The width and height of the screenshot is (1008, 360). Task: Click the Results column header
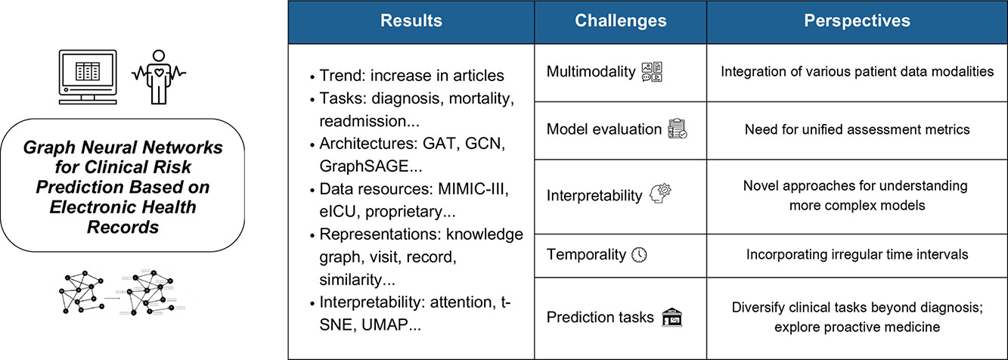coord(411,20)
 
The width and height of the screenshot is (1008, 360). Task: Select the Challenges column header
coord(621,20)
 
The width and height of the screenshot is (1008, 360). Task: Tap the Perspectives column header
coord(857,20)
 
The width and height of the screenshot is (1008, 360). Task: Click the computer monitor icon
coord(88,77)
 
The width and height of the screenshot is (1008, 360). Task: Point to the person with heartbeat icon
coord(158,77)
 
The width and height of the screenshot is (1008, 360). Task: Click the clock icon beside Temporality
coord(640,255)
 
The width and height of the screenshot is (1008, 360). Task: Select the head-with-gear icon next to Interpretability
coord(660,194)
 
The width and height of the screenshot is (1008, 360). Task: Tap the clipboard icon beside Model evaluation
coord(678,129)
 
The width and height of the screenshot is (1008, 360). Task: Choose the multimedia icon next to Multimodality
coord(652,72)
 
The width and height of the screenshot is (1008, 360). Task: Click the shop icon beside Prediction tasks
coord(671,317)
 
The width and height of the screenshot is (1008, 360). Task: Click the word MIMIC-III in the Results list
coord(473,189)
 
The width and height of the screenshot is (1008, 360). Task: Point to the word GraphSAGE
coord(364,166)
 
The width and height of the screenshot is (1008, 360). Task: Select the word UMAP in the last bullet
coord(384,324)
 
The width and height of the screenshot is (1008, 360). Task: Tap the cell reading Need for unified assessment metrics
coord(857,129)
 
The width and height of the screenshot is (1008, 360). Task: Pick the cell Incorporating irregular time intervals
coord(857,255)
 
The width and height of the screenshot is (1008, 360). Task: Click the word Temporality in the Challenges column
coord(586,255)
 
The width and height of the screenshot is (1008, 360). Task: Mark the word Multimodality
coord(591,72)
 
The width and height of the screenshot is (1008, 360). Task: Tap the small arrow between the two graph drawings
coord(112,298)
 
